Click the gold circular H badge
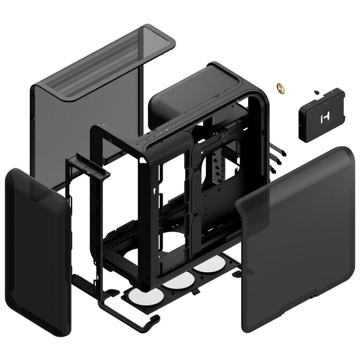(279, 86)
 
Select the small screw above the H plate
(316, 92)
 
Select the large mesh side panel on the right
(297, 225)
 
